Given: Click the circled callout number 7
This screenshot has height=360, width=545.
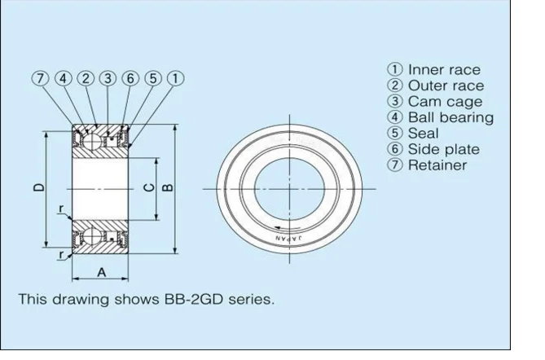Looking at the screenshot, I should pyautogui.click(x=41, y=78).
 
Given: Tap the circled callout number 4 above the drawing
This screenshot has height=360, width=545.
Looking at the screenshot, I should pyautogui.click(x=63, y=78).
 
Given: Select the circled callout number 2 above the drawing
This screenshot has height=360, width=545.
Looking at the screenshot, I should pyautogui.click(x=86, y=78).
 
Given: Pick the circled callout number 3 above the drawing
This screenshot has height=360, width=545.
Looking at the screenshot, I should pyautogui.click(x=108, y=78).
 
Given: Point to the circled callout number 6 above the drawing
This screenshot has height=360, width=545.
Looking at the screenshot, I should pyautogui.click(x=130, y=78).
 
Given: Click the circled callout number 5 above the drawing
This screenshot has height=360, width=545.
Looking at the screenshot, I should pyautogui.click(x=152, y=78).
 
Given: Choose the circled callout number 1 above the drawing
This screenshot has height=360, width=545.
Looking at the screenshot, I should pyautogui.click(x=174, y=78).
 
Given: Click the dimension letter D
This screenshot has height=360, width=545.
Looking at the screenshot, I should pyautogui.click(x=39, y=187).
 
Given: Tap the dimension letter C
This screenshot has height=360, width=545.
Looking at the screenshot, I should pyautogui.click(x=147, y=187).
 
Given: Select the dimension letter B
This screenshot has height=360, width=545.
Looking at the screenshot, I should pyautogui.click(x=168, y=187).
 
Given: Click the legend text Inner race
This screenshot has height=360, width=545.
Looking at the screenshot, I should pyautogui.click(x=443, y=70).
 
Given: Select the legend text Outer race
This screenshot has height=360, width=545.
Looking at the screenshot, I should pyautogui.click(x=445, y=86).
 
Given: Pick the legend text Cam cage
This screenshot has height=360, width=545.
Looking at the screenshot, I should pyautogui.click(x=444, y=102).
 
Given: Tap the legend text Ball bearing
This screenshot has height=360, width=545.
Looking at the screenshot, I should pyautogui.click(x=450, y=117).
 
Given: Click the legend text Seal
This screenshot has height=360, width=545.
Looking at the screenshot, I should pyautogui.click(x=423, y=133).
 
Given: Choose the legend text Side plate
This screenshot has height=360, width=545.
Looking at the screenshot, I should pyautogui.click(x=443, y=149).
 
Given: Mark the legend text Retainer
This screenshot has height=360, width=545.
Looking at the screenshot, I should pyautogui.click(x=437, y=165).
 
